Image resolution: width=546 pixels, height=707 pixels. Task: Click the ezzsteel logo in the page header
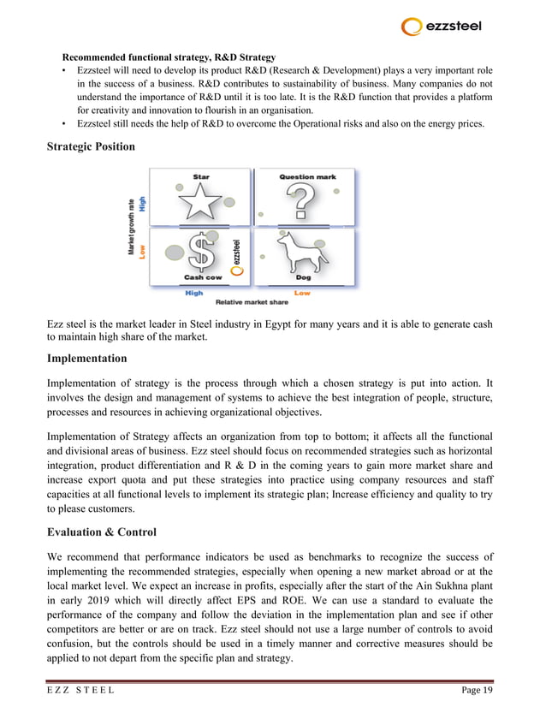tap(442, 27)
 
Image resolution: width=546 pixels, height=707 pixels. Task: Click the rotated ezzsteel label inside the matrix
tap(237, 249)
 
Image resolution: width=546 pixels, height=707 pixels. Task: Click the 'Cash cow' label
tap(202, 278)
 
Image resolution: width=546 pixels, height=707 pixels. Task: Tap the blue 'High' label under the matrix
tap(194, 293)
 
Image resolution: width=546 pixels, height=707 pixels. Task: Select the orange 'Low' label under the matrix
tap(302, 293)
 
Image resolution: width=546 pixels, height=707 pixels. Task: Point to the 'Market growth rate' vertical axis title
tap(132, 226)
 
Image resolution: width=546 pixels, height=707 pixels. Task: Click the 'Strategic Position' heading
tap(91, 146)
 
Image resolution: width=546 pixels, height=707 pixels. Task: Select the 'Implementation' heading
tap(86, 358)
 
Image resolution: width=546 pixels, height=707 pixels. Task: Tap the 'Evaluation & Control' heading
tap(103, 531)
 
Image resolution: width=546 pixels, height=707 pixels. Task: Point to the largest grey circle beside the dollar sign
tap(175, 253)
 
